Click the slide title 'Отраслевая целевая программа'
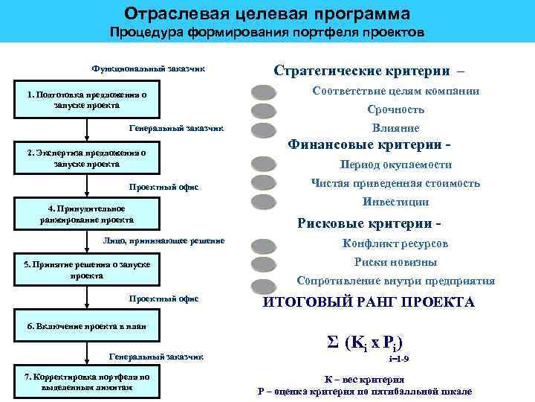tap(267, 14)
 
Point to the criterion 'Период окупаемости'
tap(395, 165)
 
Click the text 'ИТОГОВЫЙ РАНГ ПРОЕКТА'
tap(369, 302)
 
